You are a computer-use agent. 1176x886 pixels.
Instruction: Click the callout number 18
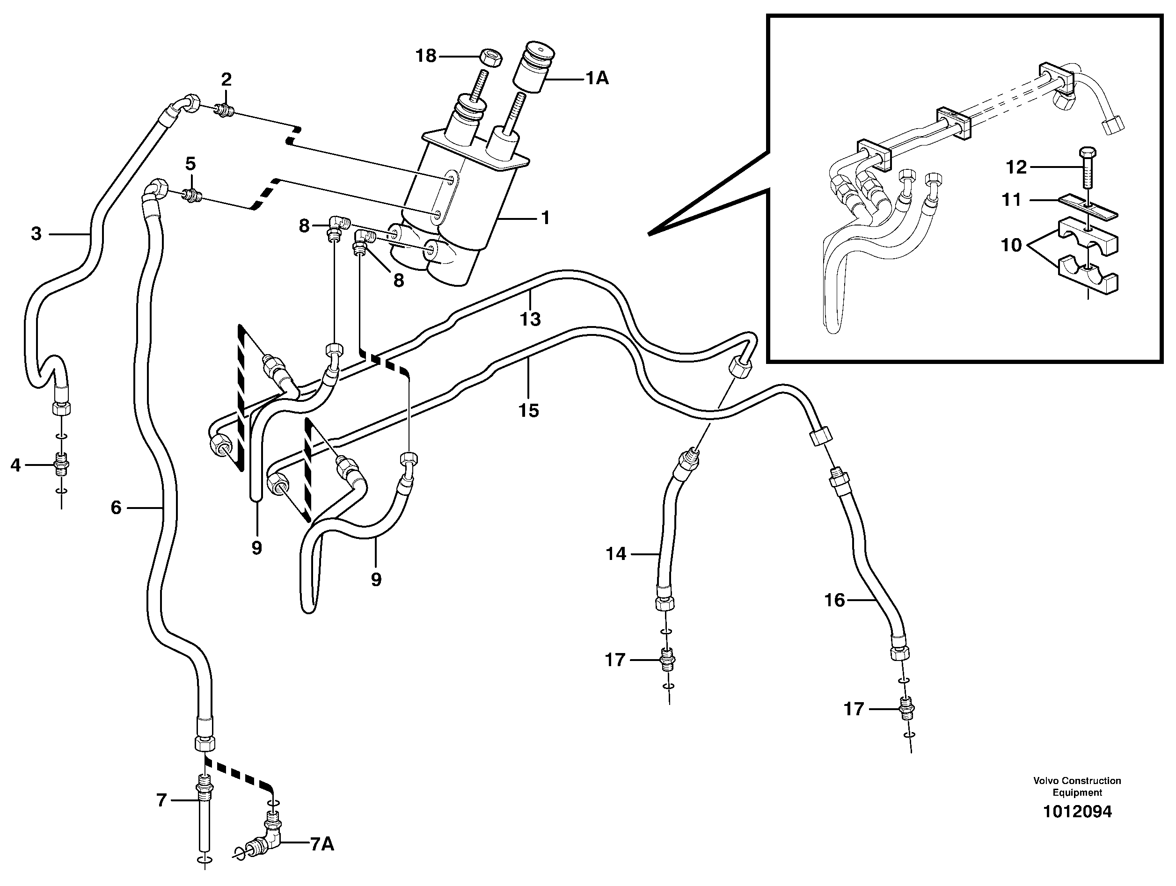coord(426,56)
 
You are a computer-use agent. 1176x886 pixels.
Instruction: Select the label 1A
coord(597,79)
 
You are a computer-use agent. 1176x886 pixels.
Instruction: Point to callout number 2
coord(226,80)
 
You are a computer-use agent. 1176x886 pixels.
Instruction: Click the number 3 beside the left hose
coord(36,233)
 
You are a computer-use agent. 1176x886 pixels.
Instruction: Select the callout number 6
coord(116,508)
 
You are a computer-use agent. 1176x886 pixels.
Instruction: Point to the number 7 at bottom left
coord(161,800)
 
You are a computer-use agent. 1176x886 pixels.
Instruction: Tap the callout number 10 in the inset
coord(1011,245)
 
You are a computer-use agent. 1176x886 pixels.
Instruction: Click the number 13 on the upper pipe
coord(530,320)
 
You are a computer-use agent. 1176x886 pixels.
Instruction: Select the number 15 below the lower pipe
coord(528,410)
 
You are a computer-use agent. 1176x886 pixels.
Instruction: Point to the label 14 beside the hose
coord(616,554)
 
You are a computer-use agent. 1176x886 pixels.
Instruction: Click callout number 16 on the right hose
coord(834,600)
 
